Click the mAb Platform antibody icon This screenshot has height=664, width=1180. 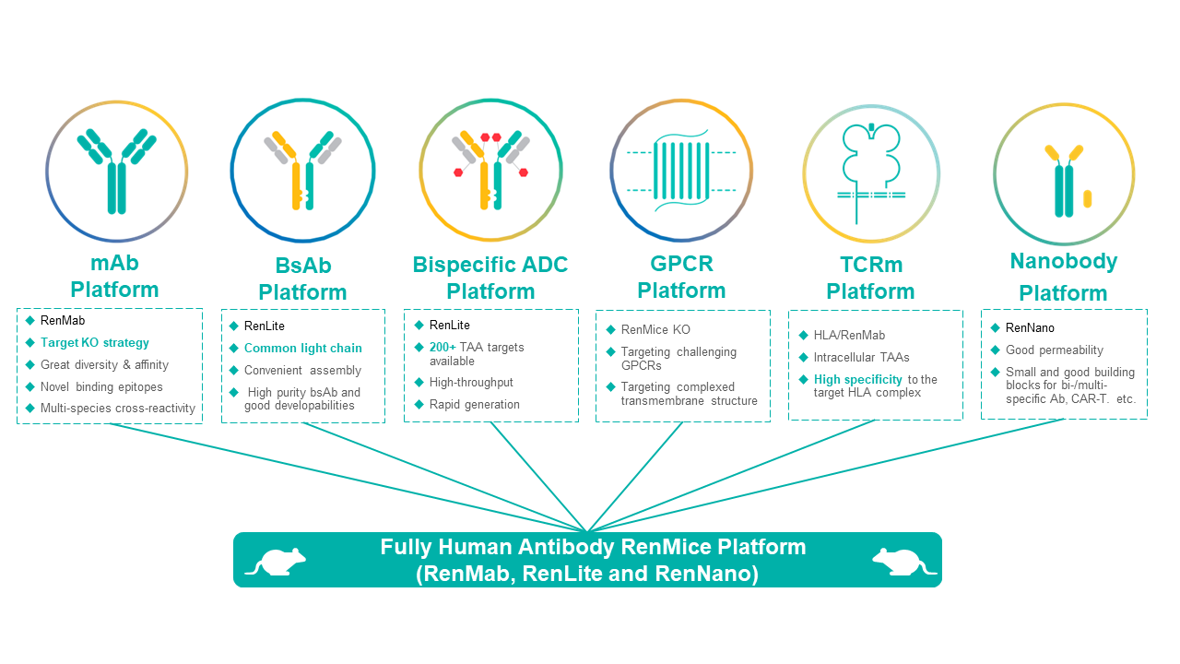116,171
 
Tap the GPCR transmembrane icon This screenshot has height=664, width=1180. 681,171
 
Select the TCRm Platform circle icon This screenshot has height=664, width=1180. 871,173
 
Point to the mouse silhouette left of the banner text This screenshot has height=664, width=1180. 276,562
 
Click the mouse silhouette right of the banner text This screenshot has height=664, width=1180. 904,562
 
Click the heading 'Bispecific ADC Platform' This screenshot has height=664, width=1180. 490,278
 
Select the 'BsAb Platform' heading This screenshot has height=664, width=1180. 303,279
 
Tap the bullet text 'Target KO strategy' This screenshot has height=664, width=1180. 95,342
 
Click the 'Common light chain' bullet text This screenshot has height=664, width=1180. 303,348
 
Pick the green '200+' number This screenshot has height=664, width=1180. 442,348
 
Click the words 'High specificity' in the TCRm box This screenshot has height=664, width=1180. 857,379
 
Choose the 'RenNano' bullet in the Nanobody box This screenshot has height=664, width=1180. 1030,327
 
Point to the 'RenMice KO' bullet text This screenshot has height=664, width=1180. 655,330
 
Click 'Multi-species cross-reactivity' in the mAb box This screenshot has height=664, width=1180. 117,408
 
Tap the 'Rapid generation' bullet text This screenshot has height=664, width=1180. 474,404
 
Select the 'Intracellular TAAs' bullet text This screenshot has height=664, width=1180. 861,357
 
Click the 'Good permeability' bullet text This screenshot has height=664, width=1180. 1054,350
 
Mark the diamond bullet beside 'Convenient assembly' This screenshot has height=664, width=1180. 234,371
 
